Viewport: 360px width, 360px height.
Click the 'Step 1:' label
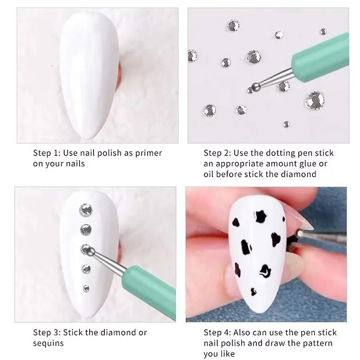46,153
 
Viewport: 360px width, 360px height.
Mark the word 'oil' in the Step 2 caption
210,174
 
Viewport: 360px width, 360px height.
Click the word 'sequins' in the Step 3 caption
48,343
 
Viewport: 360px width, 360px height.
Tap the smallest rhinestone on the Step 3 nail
86,287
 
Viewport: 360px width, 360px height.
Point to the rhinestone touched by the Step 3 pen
85,249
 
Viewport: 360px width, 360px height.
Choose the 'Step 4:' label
217,333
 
